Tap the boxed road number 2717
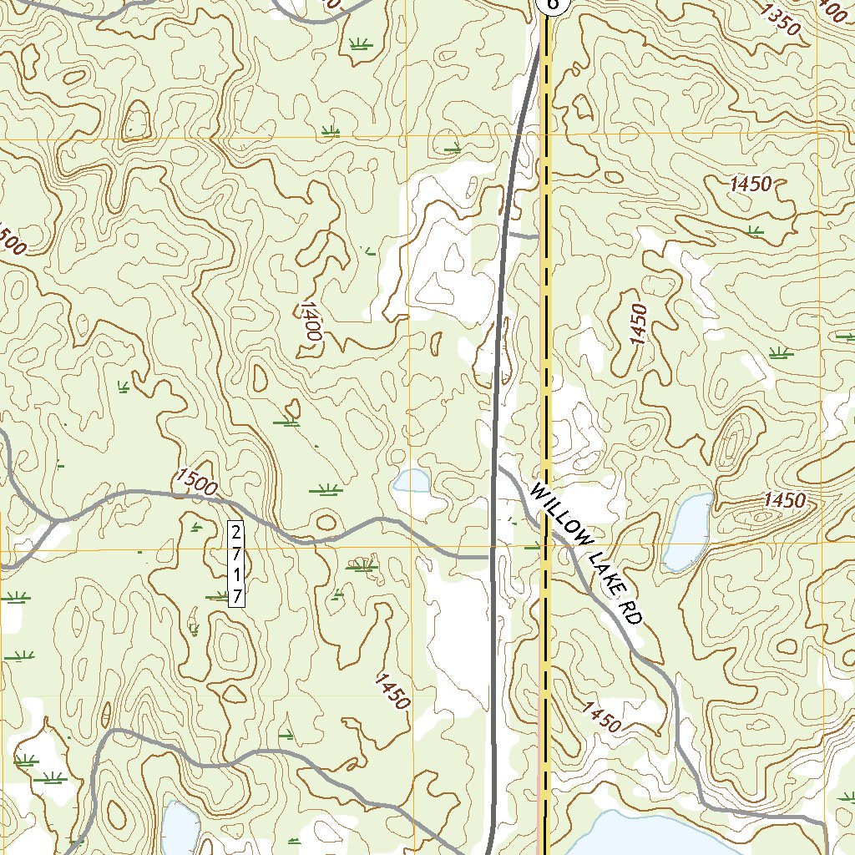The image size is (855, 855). [236, 563]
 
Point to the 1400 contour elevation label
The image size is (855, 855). [309, 320]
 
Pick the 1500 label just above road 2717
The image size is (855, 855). [196, 481]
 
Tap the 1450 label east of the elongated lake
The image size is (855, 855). [784, 501]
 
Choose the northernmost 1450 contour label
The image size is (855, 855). [749, 185]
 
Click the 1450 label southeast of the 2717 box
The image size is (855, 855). [392, 691]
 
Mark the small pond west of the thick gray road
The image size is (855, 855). [412, 480]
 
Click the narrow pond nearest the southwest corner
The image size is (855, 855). [180, 827]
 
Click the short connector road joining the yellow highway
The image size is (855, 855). [524, 236]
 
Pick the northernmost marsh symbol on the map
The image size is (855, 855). [361, 43]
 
